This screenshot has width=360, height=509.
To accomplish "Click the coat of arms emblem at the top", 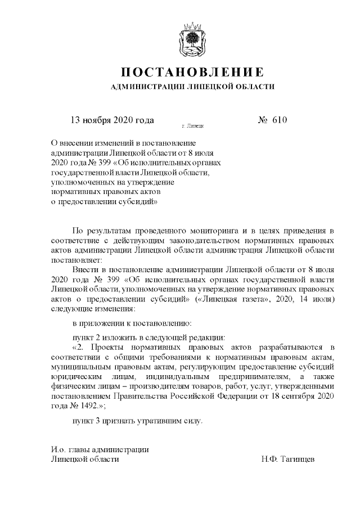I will click(193, 39).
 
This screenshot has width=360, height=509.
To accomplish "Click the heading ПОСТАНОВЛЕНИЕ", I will click(192, 73).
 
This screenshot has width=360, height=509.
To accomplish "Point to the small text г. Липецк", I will click(193, 128).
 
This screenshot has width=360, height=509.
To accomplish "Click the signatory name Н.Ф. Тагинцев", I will click(287, 458).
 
